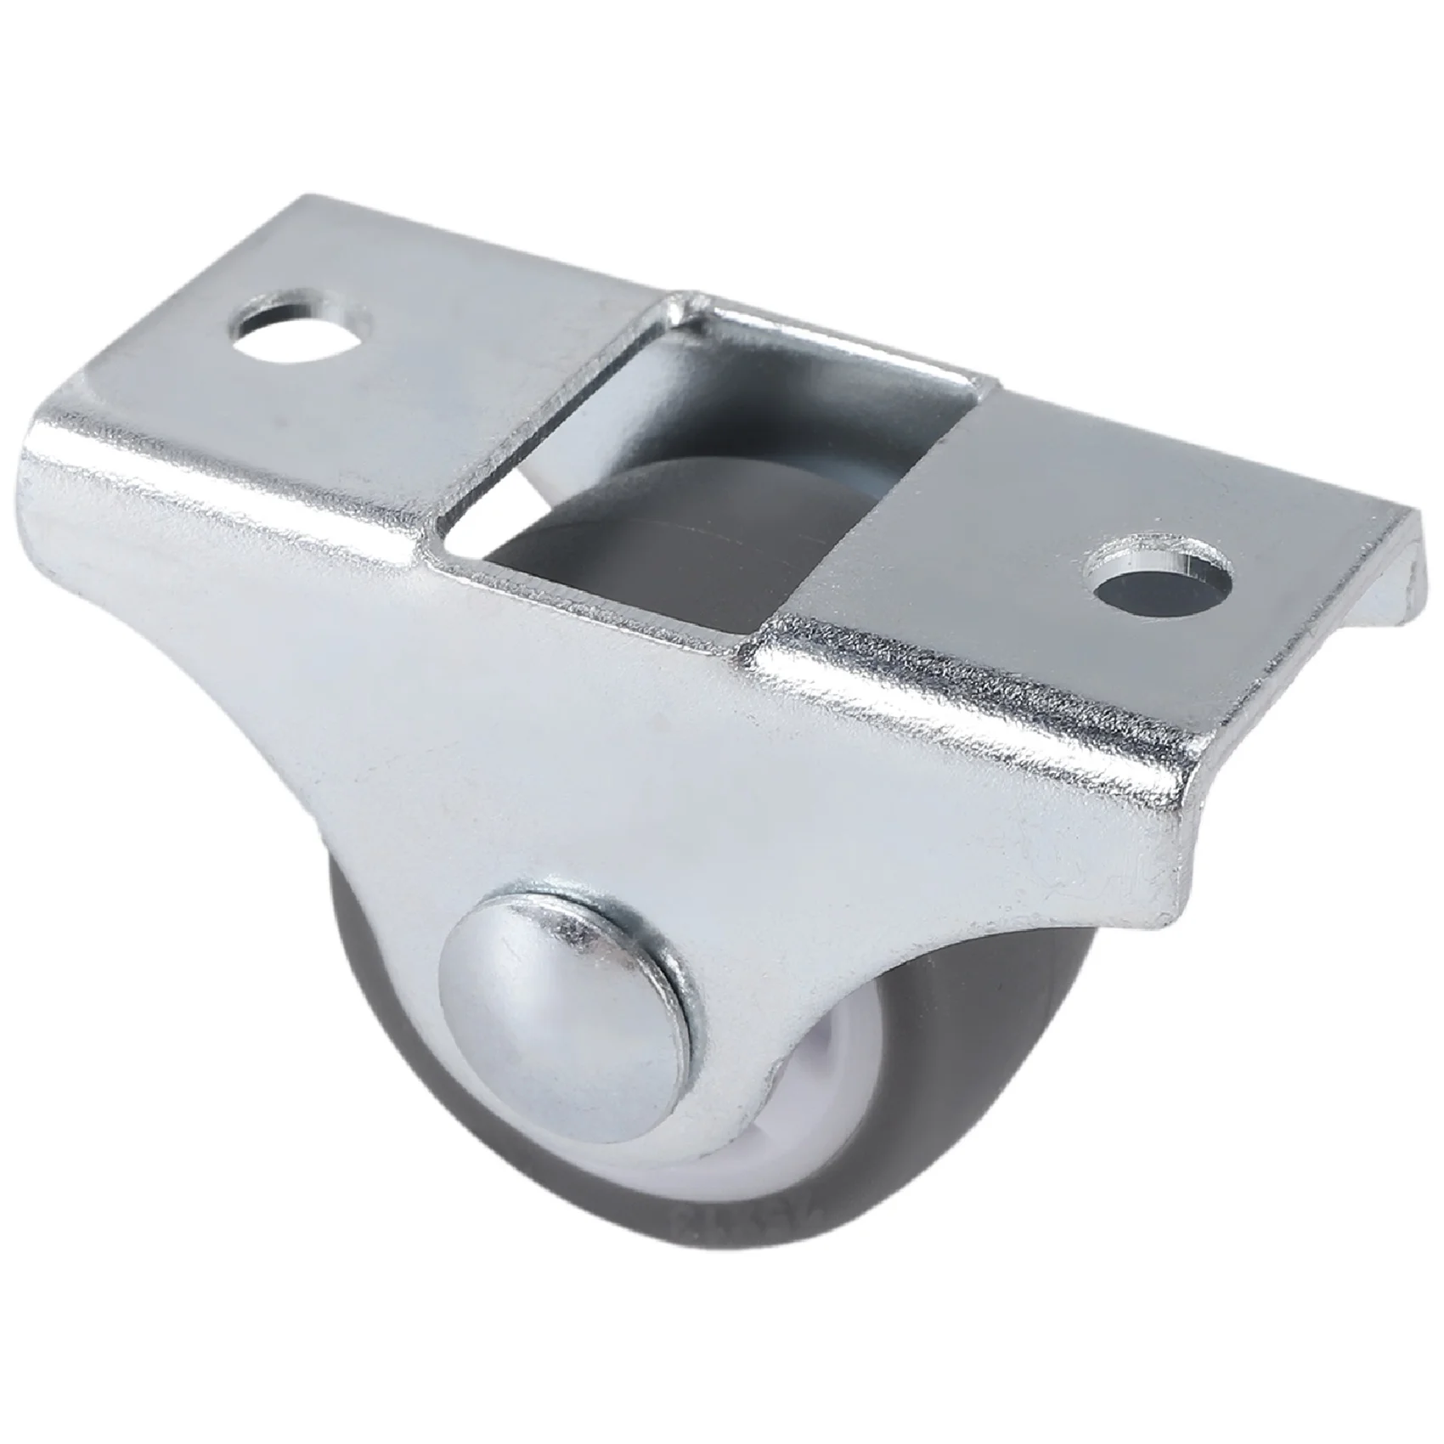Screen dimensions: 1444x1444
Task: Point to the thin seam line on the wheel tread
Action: click(x=680, y=561)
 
